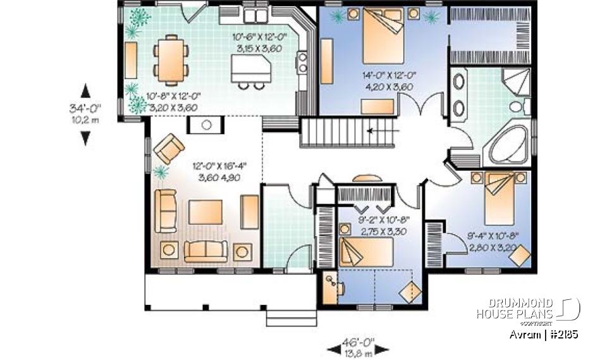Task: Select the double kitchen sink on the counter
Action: click(257, 15)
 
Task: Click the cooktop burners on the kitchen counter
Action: click(302, 62)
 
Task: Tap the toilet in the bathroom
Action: click(521, 108)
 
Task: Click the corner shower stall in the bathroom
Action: click(517, 83)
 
